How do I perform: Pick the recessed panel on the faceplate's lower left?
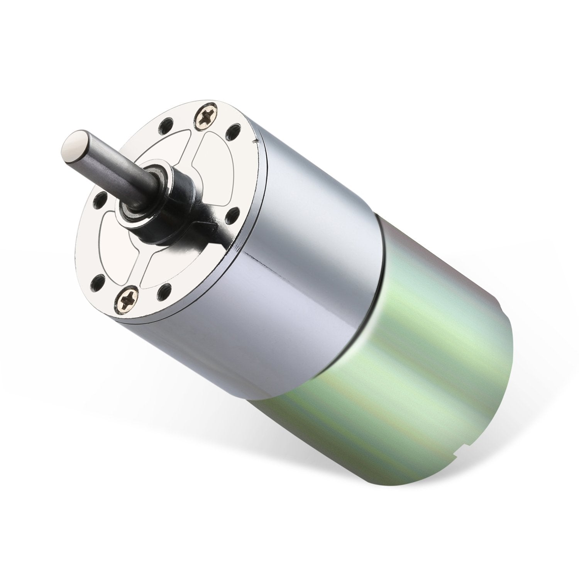[x=116, y=247]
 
